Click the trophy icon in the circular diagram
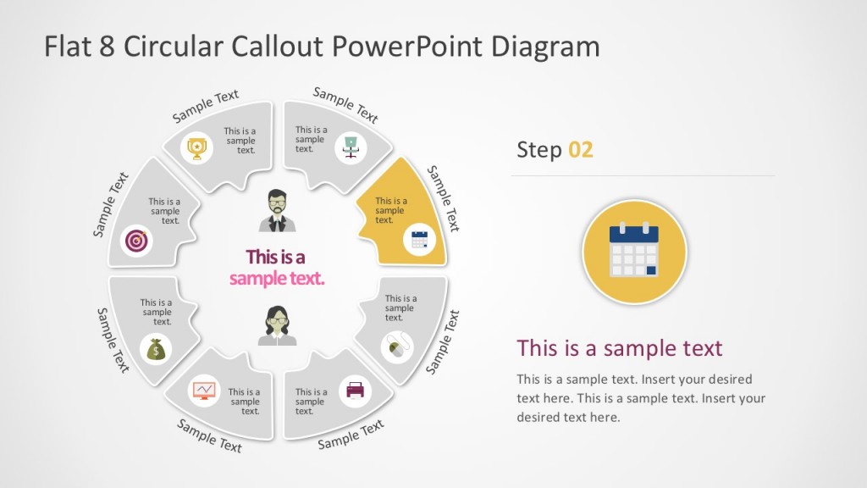tap(197, 149)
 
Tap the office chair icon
tap(350, 147)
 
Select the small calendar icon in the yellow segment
tap(419, 239)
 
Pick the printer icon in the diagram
tap(355, 391)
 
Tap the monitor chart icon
tap(204, 391)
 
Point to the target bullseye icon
tap(137, 241)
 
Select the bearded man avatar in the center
tap(277, 211)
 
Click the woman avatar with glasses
tap(277, 326)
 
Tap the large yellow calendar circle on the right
tap(634, 252)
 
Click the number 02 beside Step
tap(581, 150)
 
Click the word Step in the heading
tap(539, 150)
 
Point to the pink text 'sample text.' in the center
tap(277, 278)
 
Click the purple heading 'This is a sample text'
tap(620, 347)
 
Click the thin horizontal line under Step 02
tap(643, 175)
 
